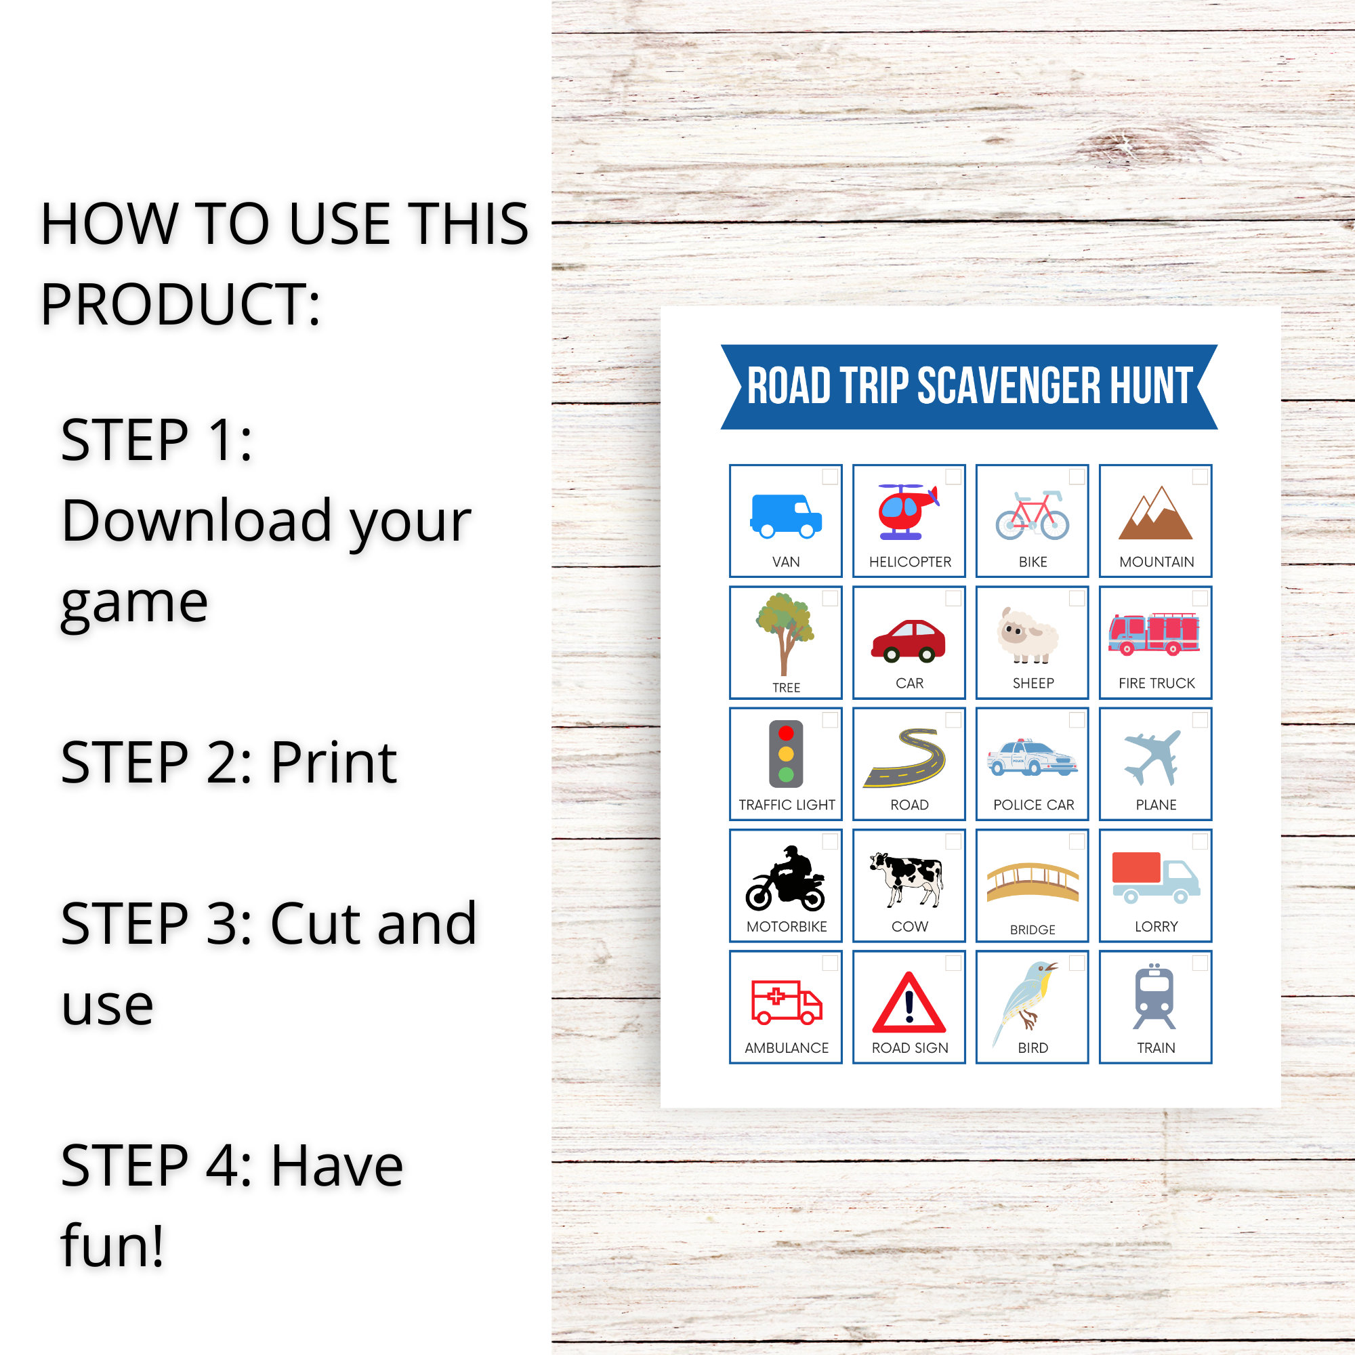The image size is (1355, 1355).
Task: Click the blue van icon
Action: [785, 516]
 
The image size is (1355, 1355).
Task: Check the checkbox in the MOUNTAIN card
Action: [1200, 477]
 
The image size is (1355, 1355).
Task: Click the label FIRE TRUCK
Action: [1156, 683]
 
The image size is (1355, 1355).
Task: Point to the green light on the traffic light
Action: [785, 775]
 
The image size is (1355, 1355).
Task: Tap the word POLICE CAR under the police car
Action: [1033, 804]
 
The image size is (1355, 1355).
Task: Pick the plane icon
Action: [1153, 757]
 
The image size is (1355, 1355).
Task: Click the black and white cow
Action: [908, 877]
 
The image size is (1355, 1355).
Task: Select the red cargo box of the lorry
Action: [1136, 868]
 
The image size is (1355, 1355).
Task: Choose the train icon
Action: [1154, 997]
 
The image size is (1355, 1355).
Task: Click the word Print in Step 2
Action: [334, 762]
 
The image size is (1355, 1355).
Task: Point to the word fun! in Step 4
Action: [112, 1247]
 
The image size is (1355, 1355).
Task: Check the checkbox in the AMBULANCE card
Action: [830, 963]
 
